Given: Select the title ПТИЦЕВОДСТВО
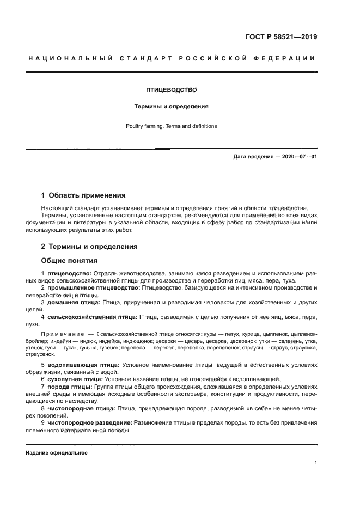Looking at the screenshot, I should [x=171, y=89].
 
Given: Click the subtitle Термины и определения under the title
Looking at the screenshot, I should [x=171, y=107].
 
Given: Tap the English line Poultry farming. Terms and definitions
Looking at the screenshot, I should [x=171, y=126].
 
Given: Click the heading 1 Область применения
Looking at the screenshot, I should [x=83, y=195].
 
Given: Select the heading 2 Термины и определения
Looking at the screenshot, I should [x=89, y=247].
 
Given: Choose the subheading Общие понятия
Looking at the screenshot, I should [x=69, y=260].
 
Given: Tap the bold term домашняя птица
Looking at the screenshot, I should [x=74, y=302].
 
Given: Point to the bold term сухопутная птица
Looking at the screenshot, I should [x=76, y=378].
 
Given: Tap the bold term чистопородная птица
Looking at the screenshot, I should [x=81, y=408].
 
